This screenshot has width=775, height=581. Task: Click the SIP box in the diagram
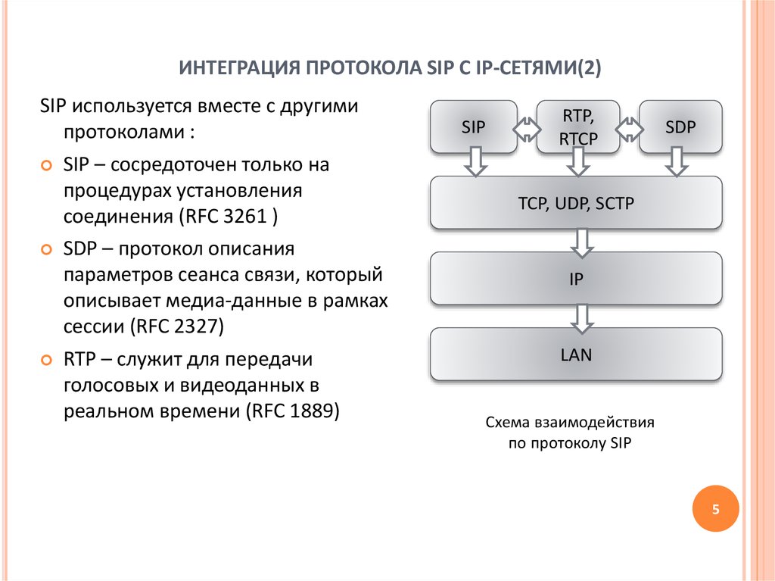474,127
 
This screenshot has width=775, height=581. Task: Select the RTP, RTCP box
577,127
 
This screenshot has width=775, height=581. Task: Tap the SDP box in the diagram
680,127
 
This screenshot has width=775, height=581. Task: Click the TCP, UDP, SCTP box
576,203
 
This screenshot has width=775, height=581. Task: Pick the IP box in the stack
576,279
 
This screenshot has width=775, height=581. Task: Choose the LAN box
576,355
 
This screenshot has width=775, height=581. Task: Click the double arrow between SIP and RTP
527,130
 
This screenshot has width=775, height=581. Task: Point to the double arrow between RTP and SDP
630,130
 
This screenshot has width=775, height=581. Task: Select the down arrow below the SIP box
476,161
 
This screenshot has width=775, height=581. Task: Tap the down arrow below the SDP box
677,161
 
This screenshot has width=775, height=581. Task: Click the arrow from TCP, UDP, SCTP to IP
582,243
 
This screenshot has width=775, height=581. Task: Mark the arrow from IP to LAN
582,319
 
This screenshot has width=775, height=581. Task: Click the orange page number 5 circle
715,509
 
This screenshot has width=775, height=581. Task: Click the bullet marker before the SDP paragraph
46,250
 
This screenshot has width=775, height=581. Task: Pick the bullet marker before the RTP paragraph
46,361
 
